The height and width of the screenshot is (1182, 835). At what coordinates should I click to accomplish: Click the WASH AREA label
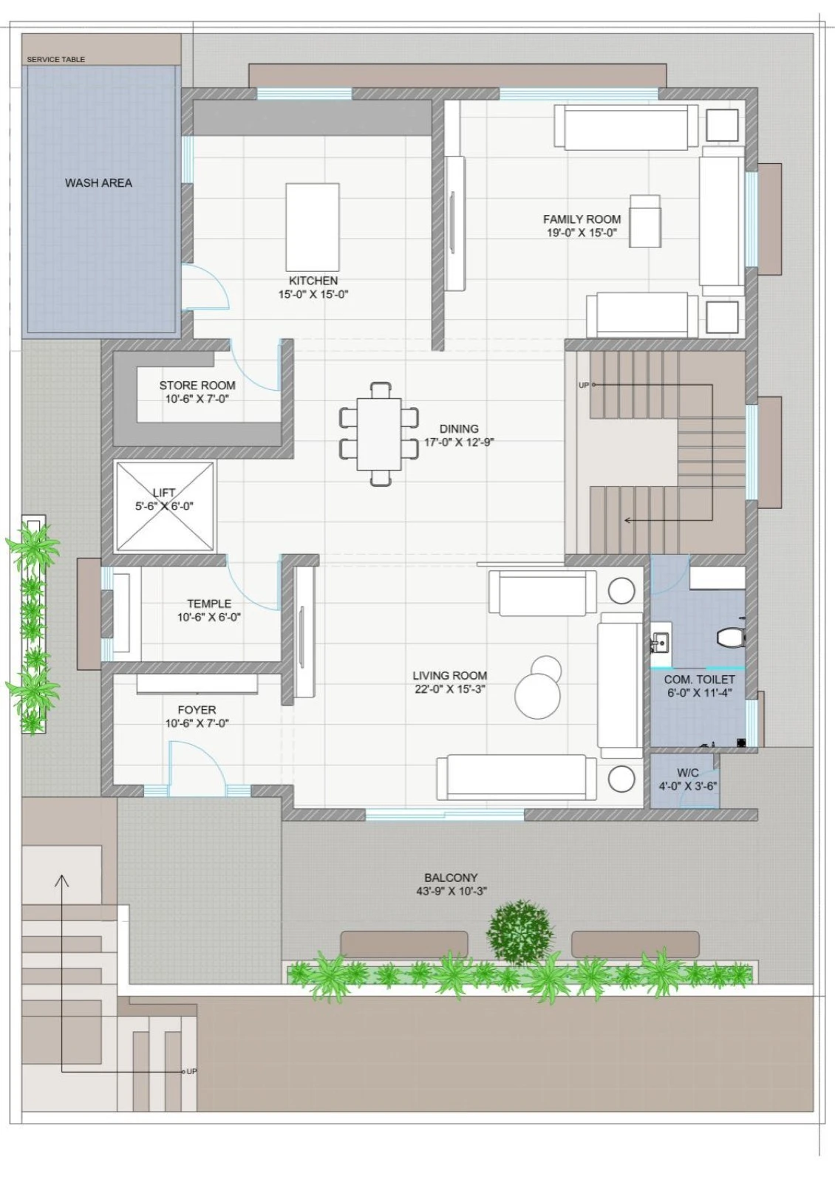click(98, 183)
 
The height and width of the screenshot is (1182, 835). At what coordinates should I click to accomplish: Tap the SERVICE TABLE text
click(56, 60)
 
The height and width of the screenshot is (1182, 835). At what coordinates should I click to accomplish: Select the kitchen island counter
click(313, 227)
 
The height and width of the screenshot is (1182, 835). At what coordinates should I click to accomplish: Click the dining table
click(379, 434)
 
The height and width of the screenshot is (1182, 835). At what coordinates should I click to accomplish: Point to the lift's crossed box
click(165, 507)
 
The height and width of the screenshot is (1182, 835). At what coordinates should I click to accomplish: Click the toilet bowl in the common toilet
click(731, 637)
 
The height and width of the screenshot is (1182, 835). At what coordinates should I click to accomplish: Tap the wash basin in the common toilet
click(661, 643)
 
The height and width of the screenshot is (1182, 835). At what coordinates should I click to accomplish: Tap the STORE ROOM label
click(197, 386)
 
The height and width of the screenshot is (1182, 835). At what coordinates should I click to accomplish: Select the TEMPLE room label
click(209, 604)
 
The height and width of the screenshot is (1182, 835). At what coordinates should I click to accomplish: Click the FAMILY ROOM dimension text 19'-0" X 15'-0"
click(582, 233)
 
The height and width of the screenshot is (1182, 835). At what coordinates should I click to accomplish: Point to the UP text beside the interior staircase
click(583, 385)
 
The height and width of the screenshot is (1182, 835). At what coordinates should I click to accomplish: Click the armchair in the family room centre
click(645, 221)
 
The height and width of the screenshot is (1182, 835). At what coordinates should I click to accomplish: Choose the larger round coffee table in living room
click(537, 696)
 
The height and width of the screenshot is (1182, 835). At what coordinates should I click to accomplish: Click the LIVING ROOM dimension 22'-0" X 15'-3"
click(450, 689)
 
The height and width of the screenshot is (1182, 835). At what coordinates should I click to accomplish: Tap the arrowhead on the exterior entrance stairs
click(62, 880)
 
